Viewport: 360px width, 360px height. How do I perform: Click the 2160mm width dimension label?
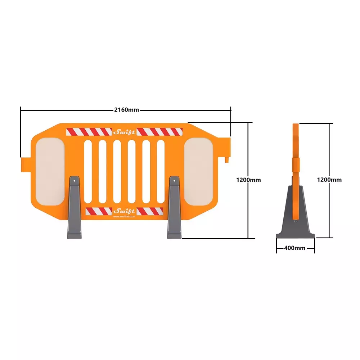coord(126,110)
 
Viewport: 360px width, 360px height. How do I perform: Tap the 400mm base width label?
coord(294,248)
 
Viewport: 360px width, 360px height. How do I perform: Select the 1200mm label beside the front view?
coord(248,180)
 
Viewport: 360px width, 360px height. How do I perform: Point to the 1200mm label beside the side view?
coord(329,180)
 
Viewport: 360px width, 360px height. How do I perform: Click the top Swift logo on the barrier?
coord(124,132)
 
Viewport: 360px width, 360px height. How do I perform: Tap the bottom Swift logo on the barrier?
coord(124,211)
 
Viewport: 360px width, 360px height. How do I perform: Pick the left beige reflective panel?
coord(50,173)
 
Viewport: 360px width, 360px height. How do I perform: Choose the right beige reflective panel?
coord(199,173)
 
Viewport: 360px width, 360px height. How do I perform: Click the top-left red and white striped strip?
coord(89,132)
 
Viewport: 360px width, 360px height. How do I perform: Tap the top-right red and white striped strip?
coord(159,132)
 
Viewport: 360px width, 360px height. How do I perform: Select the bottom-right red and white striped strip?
coord(150,211)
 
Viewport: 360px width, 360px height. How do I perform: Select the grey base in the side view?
coord(295,216)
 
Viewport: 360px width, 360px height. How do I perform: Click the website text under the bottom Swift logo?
coord(124,216)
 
